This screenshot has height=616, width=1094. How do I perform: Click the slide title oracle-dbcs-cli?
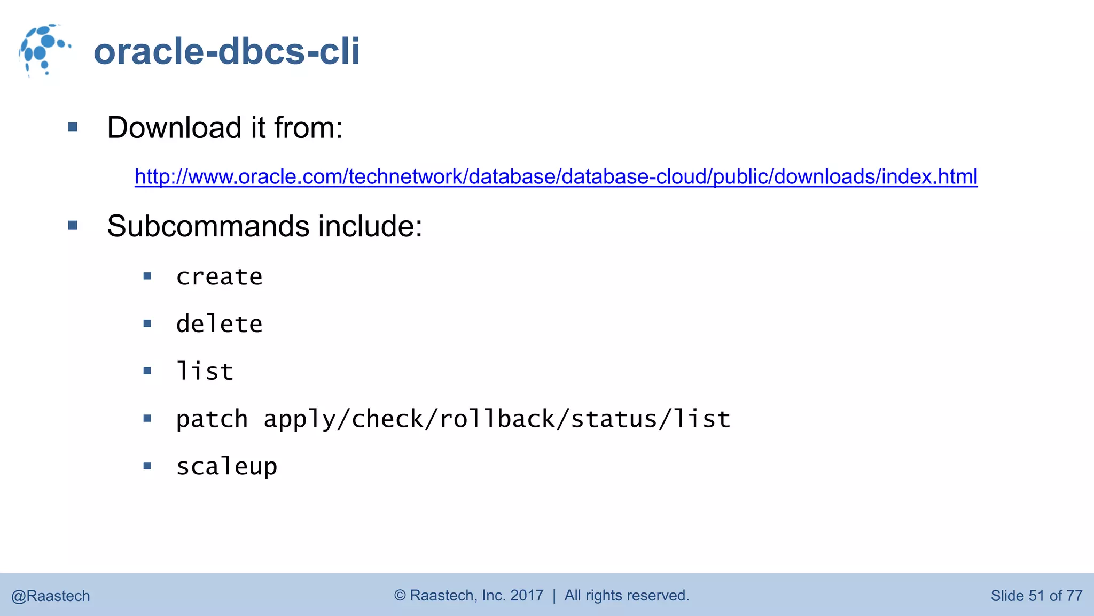pyautogui.click(x=226, y=51)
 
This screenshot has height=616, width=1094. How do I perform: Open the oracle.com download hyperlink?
pyautogui.click(x=556, y=176)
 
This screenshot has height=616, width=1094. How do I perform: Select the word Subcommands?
pyautogui.click(x=208, y=226)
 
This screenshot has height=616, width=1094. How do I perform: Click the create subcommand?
pyautogui.click(x=219, y=277)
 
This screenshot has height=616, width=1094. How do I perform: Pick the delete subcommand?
pyautogui.click(x=219, y=324)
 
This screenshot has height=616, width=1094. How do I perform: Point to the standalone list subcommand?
pyautogui.click(x=205, y=372)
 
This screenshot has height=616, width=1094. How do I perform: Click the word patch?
pyautogui.click(x=212, y=419)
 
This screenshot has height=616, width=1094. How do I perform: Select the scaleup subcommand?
pyautogui.click(x=226, y=467)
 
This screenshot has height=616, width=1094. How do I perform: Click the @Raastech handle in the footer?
pyautogui.click(x=51, y=596)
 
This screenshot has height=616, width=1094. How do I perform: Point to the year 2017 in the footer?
pyautogui.click(x=527, y=595)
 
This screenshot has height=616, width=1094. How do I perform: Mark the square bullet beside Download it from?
pyautogui.click(x=73, y=127)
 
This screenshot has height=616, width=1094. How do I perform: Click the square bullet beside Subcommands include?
pyautogui.click(x=73, y=226)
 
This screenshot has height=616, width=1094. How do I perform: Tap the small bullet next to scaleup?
pyautogui.click(x=147, y=466)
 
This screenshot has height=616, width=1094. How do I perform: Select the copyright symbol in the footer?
pyautogui.click(x=400, y=595)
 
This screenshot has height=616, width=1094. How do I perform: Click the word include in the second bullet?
pyautogui.click(x=370, y=226)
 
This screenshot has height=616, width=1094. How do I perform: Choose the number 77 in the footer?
pyautogui.click(x=1074, y=596)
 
